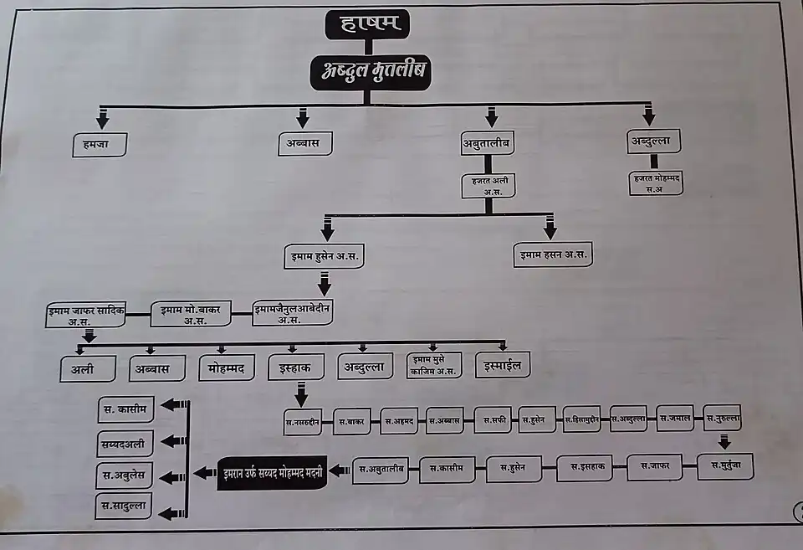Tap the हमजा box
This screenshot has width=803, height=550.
point(99,144)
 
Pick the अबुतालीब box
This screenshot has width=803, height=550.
point(487,144)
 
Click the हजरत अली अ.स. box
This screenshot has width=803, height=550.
point(488,185)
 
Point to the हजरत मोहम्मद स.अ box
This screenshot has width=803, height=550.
point(656,182)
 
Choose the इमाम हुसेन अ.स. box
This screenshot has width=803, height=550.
point(325,255)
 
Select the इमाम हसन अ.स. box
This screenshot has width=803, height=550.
point(553,254)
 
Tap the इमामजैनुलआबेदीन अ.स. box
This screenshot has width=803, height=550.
point(292,313)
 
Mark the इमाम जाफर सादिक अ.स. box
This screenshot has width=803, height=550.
point(85,316)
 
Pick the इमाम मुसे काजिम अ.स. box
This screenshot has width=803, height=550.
point(432,365)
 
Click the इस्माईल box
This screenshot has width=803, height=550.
point(503,365)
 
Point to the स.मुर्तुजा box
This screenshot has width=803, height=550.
point(724,466)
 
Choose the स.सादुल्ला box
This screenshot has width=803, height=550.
point(123,506)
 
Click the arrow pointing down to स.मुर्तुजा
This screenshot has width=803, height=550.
point(724,441)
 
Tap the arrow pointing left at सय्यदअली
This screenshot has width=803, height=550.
point(173,441)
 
